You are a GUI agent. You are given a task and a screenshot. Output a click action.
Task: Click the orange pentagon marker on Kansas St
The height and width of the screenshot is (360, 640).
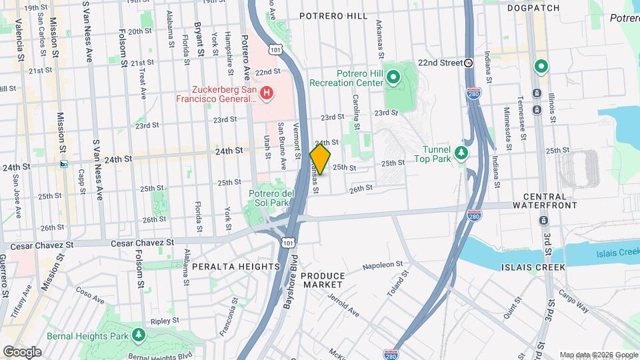[x=320, y=159]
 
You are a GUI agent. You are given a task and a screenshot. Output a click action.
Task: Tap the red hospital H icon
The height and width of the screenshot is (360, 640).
[x=266, y=93]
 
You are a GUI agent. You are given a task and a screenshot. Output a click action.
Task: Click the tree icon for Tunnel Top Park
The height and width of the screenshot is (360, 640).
[x=461, y=154]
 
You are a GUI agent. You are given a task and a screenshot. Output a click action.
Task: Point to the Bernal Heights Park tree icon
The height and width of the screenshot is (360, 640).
[x=138, y=334]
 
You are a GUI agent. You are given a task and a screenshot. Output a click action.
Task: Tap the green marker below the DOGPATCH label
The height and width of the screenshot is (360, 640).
[x=541, y=66]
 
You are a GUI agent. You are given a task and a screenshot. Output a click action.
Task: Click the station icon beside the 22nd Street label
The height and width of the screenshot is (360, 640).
[x=469, y=63]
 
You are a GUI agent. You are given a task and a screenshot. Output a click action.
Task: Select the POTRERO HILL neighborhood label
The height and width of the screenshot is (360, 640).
[x=333, y=15]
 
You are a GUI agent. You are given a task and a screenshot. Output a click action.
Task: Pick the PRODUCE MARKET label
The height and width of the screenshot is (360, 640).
[x=323, y=280]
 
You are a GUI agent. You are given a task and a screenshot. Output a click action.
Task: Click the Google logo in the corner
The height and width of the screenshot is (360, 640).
[x=22, y=351]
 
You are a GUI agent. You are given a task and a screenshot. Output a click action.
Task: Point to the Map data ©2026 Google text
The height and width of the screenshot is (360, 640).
[x=598, y=355]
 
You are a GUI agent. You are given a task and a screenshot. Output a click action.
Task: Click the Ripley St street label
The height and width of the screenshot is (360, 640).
[x=161, y=321]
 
